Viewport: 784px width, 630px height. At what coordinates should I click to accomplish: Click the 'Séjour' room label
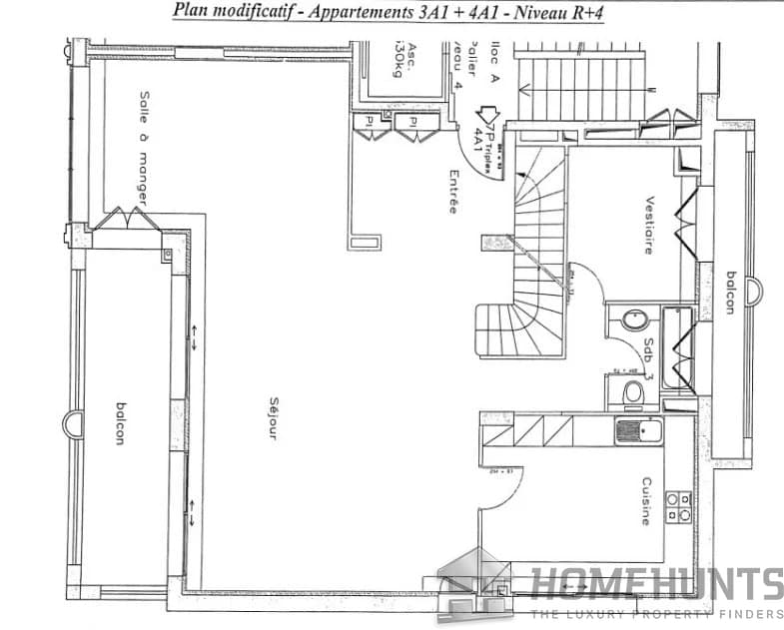coord(273,419)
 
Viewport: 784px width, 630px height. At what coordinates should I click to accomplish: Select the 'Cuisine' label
coord(648,499)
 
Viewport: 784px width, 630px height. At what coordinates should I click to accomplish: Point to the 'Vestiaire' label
coord(649,225)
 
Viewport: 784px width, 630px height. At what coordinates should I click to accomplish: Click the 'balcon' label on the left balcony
coord(121,423)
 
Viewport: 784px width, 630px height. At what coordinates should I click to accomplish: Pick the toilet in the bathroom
coord(631,394)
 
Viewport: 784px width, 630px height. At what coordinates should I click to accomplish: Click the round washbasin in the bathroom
coord(633,321)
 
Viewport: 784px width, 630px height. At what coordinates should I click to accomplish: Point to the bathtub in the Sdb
coord(677,349)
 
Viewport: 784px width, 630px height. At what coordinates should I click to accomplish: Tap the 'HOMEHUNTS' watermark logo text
coord(656,584)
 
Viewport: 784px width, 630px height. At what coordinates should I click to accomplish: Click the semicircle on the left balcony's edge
coord(71,424)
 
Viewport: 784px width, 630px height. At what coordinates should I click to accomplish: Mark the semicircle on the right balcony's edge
coord(755,292)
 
